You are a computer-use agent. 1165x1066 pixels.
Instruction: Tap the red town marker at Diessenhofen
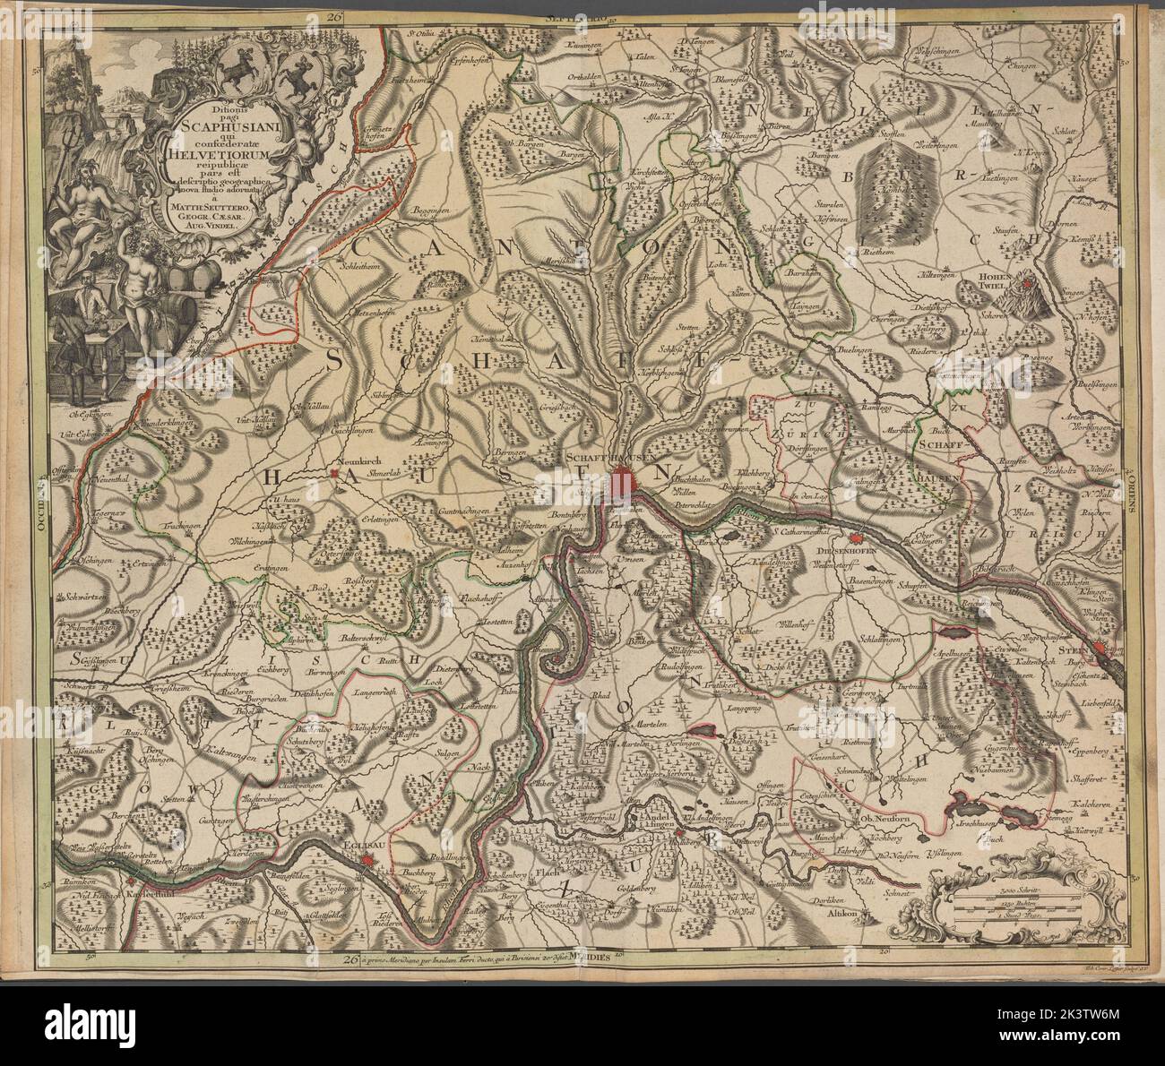tap(856, 539)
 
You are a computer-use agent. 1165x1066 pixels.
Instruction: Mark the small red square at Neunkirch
tap(333, 472)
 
